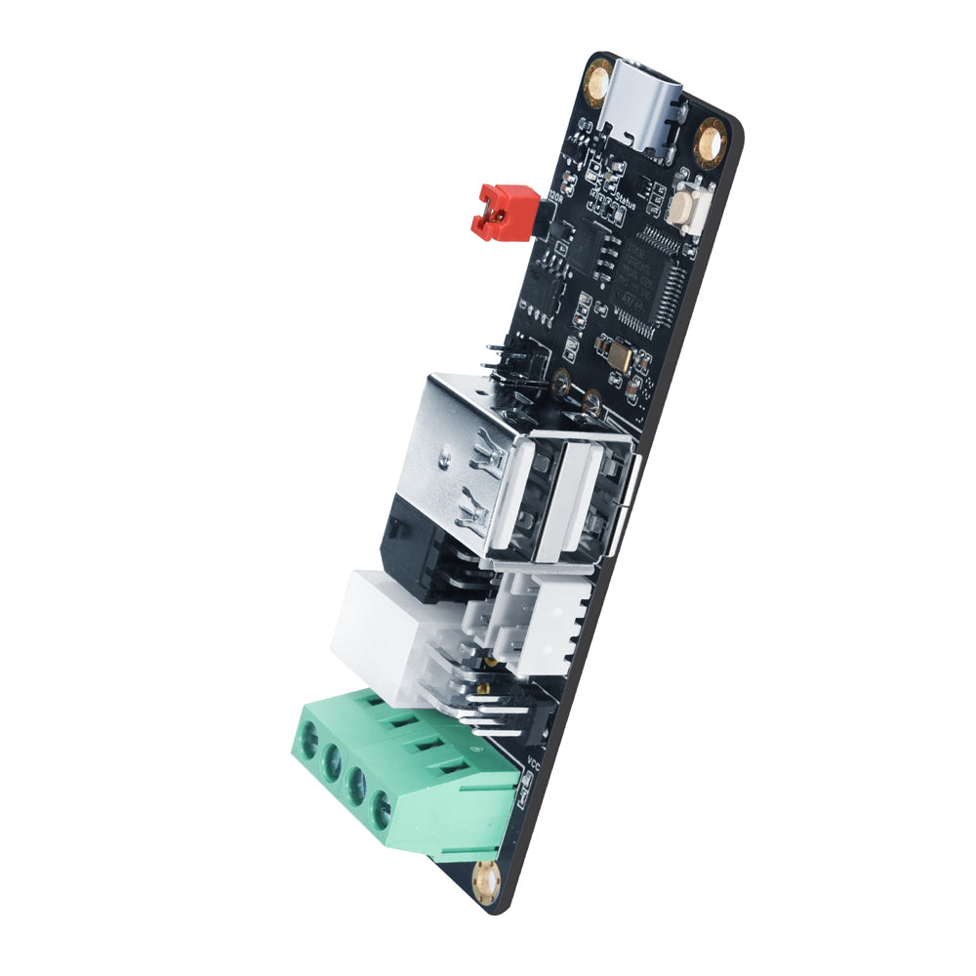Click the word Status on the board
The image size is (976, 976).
click(620, 204)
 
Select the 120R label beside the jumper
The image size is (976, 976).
click(556, 194)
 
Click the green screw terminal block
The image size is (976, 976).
click(410, 771)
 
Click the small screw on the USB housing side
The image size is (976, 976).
click(445, 455)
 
